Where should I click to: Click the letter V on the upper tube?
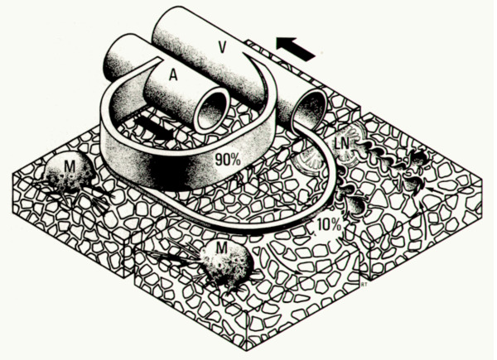[x=223, y=47]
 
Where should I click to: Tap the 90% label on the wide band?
[x=228, y=160]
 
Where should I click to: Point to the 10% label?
[x=330, y=226]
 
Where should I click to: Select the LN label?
[x=341, y=144]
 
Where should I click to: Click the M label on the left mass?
[x=70, y=166]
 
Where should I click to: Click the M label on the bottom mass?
[x=221, y=249]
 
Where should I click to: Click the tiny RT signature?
[x=364, y=285]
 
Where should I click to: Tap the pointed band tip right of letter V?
[x=244, y=54]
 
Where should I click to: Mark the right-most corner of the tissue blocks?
[x=482, y=182]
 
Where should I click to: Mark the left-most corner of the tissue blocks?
[x=12, y=174]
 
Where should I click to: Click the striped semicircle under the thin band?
[x=309, y=162]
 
